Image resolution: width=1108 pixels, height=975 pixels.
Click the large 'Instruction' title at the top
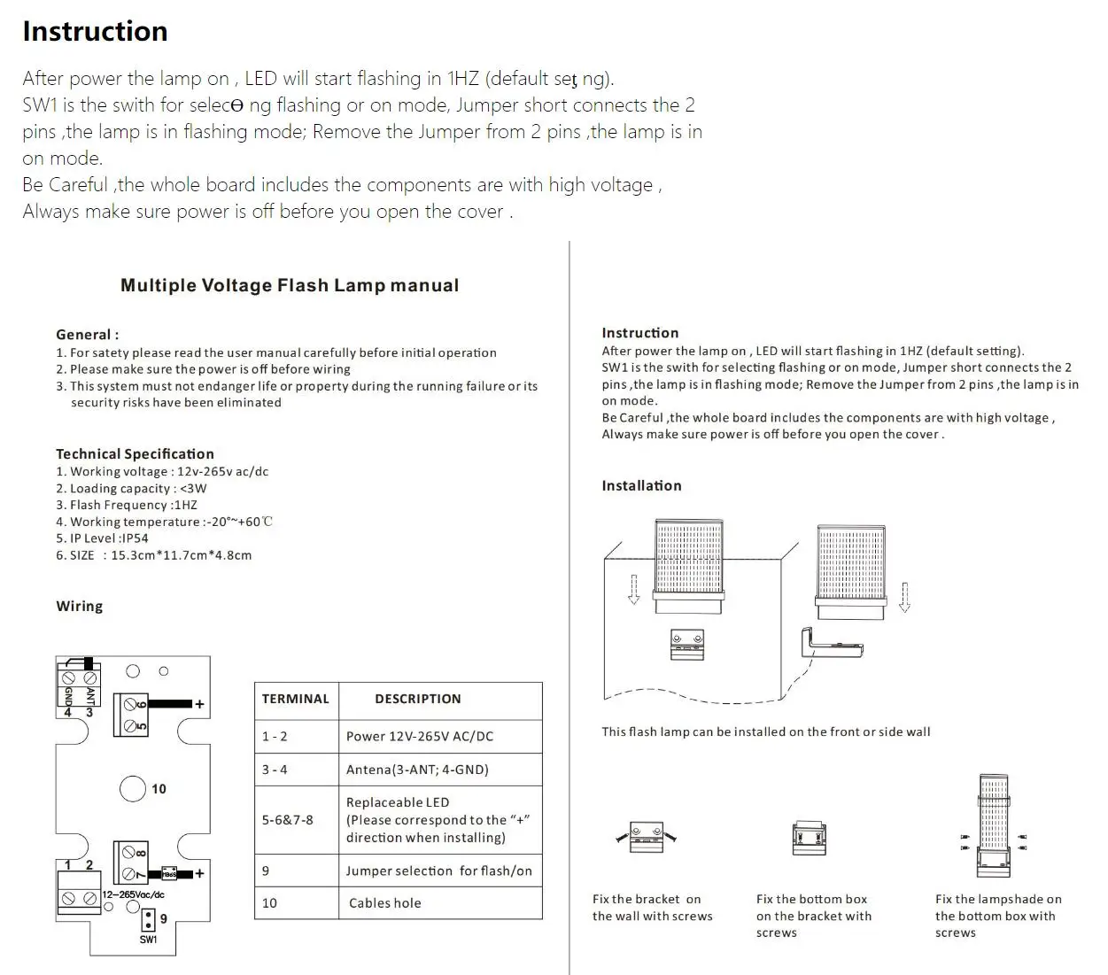tap(95, 31)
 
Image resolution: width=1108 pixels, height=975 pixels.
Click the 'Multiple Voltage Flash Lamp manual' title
tap(290, 285)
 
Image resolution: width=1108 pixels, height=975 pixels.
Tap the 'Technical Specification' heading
tap(135, 453)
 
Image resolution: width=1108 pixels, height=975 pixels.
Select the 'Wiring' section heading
tap(79, 606)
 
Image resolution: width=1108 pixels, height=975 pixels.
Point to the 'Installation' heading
tap(641, 485)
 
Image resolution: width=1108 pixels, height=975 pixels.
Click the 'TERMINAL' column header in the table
tap(295, 699)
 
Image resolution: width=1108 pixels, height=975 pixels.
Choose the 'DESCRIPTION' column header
tap(417, 699)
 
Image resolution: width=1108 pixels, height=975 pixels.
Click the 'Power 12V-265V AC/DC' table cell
tap(419, 736)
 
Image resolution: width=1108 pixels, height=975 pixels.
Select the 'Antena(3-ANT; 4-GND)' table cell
tap(417, 770)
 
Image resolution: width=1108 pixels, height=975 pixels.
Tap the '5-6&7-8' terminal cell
tap(287, 820)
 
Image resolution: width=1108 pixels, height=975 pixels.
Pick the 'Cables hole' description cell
tap(384, 903)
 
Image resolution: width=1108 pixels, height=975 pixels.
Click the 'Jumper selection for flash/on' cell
tap(438, 871)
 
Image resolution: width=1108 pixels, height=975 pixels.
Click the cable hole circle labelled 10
tap(133, 788)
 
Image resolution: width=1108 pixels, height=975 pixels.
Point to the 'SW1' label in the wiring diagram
tap(148, 939)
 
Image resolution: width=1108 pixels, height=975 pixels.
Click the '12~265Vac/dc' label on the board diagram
tap(134, 894)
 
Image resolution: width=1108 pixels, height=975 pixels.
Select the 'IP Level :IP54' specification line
tap(102, 538)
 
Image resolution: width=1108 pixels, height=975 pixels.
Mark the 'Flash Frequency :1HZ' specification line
tap(127, 505)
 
